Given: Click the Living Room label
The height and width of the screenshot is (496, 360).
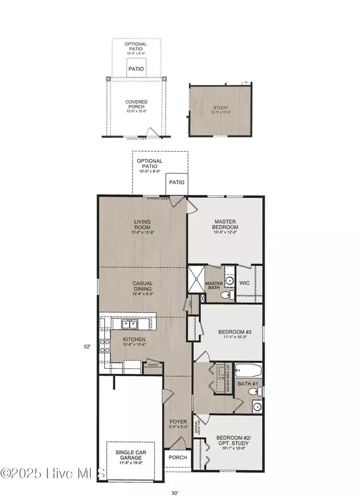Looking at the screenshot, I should pos(142,228).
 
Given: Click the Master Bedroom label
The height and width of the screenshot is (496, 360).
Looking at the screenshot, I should pos(226,227).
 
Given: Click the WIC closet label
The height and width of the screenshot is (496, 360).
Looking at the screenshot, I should pos(244,282).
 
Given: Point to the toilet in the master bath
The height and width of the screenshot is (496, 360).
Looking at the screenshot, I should pos(227,296).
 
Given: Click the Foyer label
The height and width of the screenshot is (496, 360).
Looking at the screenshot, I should pos(178,424).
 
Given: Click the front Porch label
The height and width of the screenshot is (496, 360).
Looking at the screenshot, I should pos(178,458).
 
